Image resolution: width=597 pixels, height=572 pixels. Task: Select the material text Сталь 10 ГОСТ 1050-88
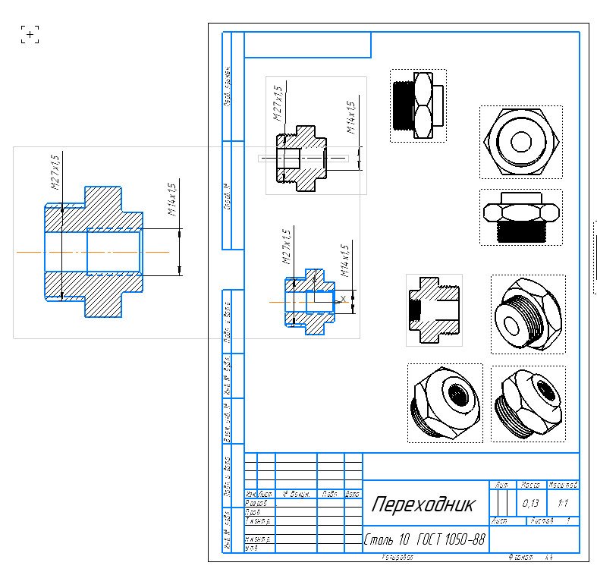point(424,540)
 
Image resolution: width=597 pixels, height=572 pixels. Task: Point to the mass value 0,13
point(530,503)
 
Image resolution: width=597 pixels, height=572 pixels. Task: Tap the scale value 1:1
point(563,503)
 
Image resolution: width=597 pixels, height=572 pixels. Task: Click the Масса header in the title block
point(530,484)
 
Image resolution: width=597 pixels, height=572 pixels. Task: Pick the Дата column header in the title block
point(353,494)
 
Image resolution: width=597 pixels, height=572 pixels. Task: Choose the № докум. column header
point(297,494)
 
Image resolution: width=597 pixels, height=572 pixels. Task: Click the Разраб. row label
point(256,502)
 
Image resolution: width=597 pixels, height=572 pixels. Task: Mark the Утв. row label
point(251,547)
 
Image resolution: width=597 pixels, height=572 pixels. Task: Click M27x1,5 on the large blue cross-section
point(55,172)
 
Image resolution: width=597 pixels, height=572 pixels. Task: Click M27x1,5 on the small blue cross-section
point(287,246)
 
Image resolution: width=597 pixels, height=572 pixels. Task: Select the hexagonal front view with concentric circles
point(520,142)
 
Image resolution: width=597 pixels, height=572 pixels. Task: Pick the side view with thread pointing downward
point(520,217)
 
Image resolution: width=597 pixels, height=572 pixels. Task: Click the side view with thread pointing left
point(417,105)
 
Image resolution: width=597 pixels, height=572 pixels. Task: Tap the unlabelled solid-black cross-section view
point(434,310)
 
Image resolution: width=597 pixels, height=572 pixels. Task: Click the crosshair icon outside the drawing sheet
point(30,34)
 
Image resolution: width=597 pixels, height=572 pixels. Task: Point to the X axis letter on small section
point(343,298)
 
